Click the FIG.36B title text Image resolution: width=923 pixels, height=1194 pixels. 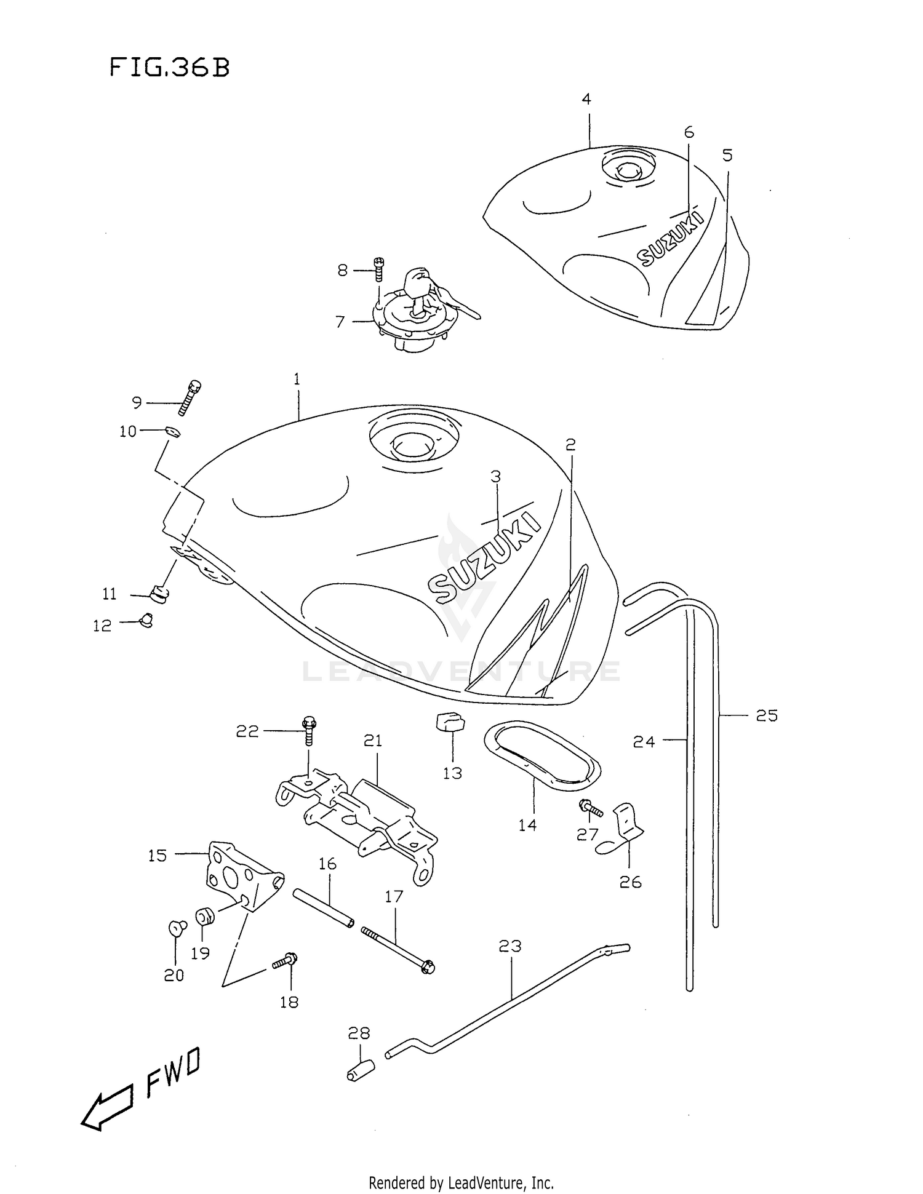(170, 68)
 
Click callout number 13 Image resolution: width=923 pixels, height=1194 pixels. (452, 773)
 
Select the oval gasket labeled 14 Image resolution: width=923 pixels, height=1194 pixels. (542, 756)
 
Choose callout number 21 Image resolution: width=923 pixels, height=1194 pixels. (373, 741)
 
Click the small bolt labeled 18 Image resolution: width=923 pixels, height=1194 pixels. (286, 960)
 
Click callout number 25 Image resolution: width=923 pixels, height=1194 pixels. (767, 715)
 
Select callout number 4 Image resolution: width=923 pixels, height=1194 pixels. (586, 99)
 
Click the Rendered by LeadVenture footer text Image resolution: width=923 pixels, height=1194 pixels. (461, 1182)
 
